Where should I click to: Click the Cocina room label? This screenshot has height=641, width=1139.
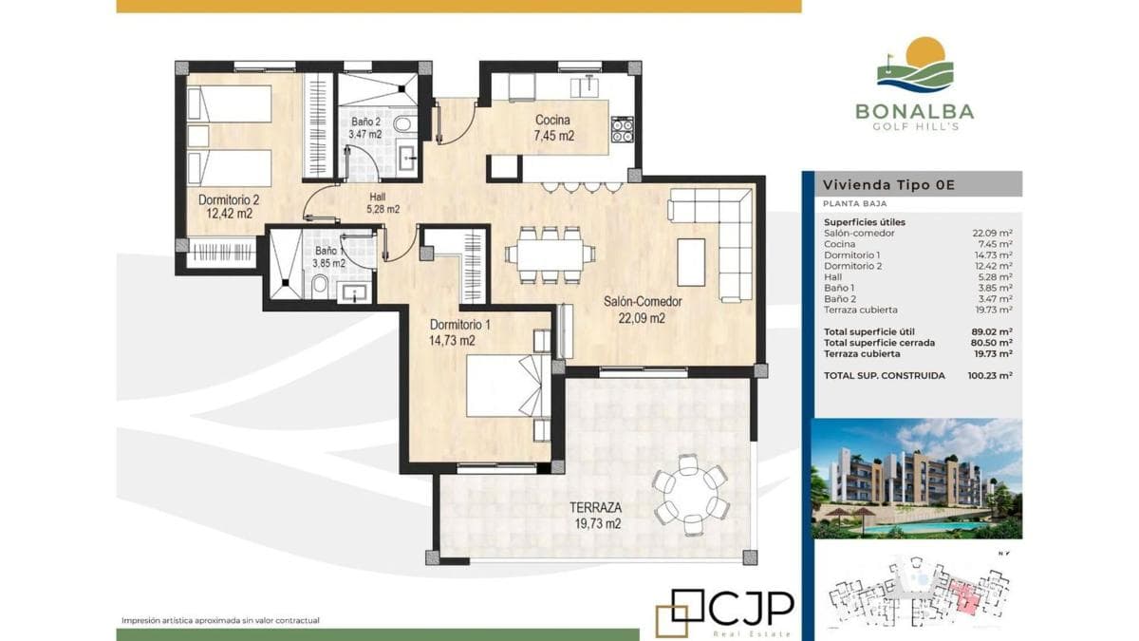pos(553,127)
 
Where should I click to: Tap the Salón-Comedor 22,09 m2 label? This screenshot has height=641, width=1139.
pos(643,310)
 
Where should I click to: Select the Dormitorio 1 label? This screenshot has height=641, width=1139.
pos(460,332)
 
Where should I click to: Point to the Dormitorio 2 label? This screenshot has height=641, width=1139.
pos(229,207)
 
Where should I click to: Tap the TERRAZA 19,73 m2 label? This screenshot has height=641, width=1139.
pos(597,516)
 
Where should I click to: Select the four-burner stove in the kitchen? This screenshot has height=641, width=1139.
pos(623,130)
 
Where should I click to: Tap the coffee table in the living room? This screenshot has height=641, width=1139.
pos(691,262)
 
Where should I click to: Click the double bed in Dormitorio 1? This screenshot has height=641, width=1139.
pos(509,386)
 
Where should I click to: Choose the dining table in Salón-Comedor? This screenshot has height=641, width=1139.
pos(551,255)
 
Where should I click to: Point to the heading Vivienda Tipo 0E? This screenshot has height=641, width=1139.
pos(888,184)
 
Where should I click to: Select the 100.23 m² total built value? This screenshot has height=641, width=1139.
pos(989,376)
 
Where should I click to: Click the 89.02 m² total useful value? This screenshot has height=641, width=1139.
pos(992,332)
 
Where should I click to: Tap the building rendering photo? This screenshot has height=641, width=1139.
pos(916,479)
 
